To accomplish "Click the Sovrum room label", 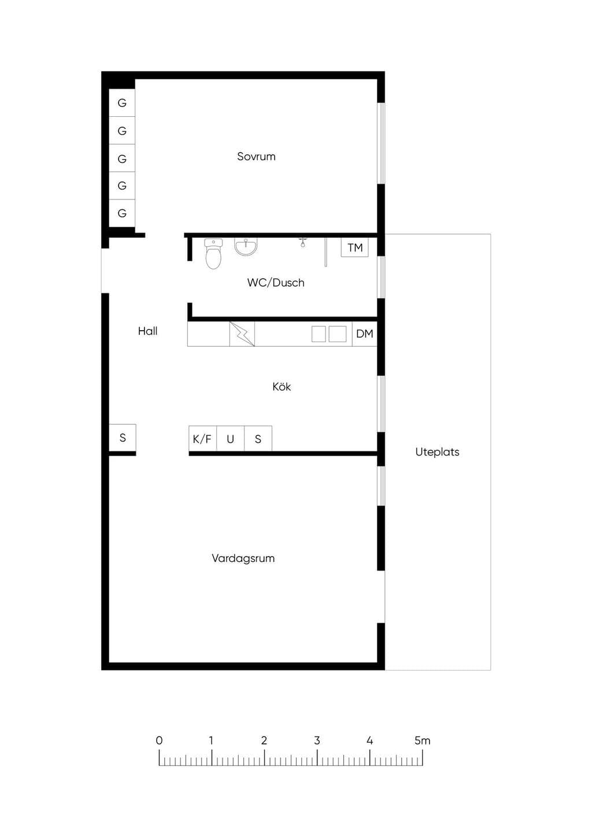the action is (256, 156).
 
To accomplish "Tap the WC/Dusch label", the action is (276, 283).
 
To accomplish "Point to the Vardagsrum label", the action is (243, 558).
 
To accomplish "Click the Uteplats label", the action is (437, 452).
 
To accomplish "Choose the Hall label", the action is (147, 331).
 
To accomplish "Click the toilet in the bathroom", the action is (213, 254).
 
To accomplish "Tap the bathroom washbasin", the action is (246, 247).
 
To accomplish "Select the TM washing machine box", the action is (354, 247).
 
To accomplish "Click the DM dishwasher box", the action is (364, 334).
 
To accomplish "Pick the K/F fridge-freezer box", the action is (202, 438).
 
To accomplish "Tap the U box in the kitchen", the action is (231, 438).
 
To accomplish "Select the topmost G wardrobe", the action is (122, 103).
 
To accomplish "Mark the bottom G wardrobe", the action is (122, 213).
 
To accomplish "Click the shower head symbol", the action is (303, 242).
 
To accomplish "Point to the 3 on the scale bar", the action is (317, 740).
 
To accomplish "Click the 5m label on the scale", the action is (423, 740).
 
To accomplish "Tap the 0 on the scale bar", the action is (159, 740).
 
